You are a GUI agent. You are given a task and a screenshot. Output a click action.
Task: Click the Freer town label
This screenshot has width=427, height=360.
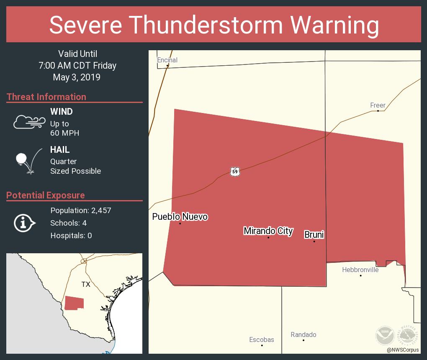(378, 105)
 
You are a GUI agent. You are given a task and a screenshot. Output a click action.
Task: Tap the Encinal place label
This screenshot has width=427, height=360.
(167, 60)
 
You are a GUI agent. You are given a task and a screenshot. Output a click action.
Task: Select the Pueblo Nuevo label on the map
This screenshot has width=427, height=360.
(180, 216)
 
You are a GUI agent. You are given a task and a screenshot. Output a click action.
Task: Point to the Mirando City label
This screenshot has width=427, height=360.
(268, 231)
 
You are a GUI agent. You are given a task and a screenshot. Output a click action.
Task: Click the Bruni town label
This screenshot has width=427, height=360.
(314, 234)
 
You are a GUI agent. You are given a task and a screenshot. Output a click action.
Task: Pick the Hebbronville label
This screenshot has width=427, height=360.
(360, 270)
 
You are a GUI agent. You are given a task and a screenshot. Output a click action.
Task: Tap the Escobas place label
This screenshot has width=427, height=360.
(262, 339)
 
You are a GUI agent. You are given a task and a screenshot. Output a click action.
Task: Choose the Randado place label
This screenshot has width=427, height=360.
(304, 334)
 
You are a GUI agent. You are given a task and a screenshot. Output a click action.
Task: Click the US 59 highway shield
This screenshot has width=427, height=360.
(235, 171)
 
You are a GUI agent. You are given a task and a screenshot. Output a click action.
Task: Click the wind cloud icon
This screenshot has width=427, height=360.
(29, 122)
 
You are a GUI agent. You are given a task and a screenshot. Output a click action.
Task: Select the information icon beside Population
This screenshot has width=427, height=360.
(25, 223)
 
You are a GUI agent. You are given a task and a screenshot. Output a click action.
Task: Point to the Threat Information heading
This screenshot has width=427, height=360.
(46, 97)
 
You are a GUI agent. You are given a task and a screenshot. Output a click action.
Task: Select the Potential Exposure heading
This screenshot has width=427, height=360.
(46, 195)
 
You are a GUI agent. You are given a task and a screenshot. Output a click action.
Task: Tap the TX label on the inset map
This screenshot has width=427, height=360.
(86, 284)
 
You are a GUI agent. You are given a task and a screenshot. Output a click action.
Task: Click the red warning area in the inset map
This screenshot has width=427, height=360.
(74, 303)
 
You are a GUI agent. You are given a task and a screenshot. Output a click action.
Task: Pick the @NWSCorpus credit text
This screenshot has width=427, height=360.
(402, 350)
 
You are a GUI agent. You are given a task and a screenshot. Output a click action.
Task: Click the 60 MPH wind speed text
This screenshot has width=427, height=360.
(64, 133)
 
